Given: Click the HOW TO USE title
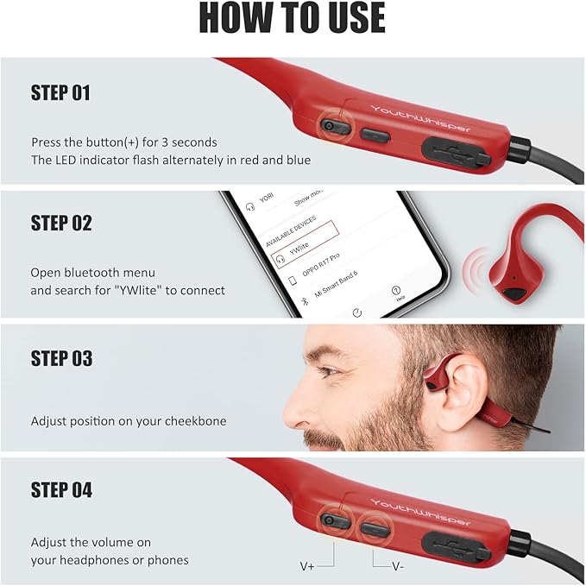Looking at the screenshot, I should click(293, 18).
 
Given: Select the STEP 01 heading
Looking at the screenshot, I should click(60, 93).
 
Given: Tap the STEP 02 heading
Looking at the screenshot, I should click(61, 223).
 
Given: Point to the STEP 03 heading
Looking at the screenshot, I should click(61, 358).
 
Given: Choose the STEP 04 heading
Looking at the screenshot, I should click(61, 490).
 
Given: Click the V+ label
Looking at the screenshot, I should click(308, 566).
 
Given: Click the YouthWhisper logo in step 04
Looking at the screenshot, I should click(421, 512).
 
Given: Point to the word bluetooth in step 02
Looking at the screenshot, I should click(91, 273).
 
